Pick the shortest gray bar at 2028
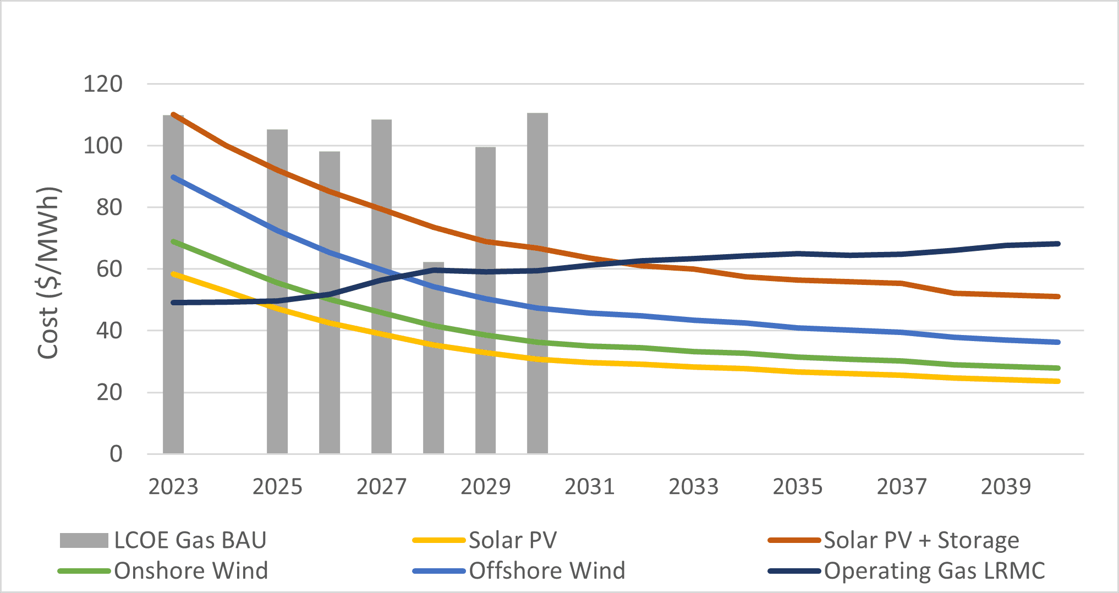pos(434,385)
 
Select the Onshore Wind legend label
pos(190,570)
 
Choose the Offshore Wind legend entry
pos(546,570)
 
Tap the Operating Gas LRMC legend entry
pos(934,570)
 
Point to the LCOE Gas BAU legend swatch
pos(84,540)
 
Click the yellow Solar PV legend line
pos(439,540)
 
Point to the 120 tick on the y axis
pos(103,84)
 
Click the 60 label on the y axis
pos(109,269)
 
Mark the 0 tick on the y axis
pos(116,454)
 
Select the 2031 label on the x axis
pos(589,486)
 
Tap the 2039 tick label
pos(1006,486)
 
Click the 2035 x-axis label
pos(797,486)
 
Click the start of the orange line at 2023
pos(174,115)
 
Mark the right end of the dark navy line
pos(1057,244)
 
